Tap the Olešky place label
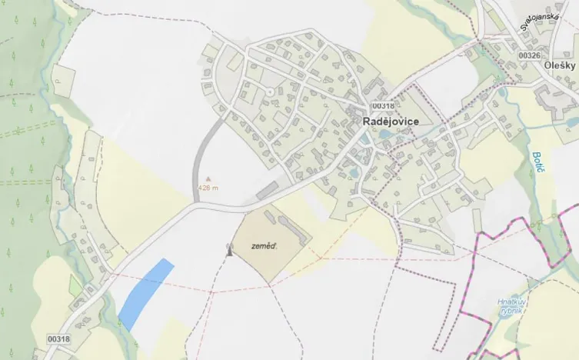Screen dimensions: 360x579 tap(558, 66)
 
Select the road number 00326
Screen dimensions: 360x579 tap(530, 56)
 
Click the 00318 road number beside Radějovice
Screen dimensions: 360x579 tap(382, 105)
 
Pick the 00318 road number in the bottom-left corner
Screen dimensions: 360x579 tap(58, 338)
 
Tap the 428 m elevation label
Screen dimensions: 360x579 tap(208, 187)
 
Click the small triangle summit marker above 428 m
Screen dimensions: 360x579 tap(208, 178)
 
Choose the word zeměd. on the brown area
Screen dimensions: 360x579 tap(264, 247)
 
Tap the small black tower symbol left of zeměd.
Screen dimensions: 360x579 tap(228, 249)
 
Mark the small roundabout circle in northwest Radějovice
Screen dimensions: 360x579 tap(270, 92)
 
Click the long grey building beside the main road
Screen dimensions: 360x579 tap(268, 188)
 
